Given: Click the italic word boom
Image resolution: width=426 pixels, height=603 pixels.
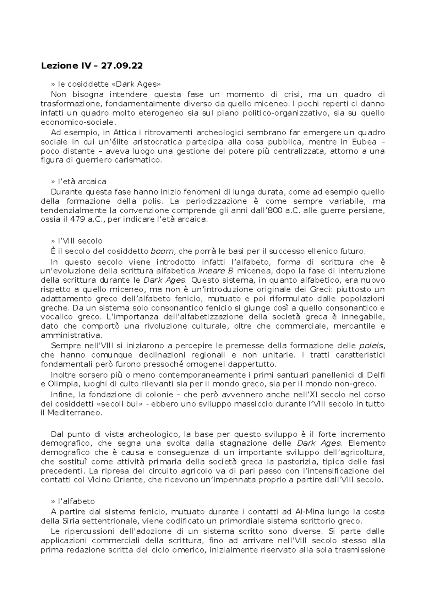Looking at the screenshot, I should tap(162, 251).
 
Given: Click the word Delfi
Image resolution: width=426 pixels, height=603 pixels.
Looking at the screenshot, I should tap(376, 375).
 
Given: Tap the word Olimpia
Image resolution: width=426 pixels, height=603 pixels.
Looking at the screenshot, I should tap(59, 384).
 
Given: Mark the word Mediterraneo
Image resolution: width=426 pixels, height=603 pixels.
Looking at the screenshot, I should tap(75, 413).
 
